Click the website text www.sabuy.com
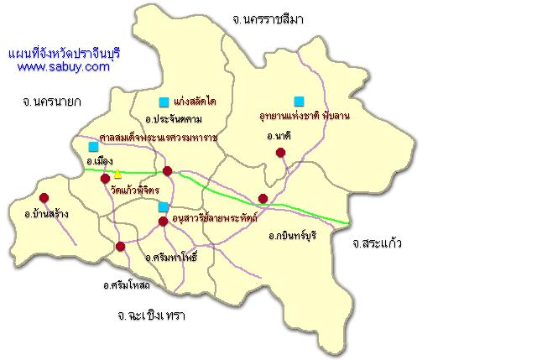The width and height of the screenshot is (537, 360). coord(63,67)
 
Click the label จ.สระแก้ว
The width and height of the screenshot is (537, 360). coord(378,243)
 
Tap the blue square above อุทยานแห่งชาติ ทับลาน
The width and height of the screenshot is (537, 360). coord(299,102)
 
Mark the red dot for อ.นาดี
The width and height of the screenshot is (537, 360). coord(280,152)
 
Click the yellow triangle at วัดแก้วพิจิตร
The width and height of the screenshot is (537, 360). coord(118,175)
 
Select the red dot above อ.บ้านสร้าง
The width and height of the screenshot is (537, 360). coord(44,198)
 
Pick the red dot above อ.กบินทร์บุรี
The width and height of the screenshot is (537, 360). coord(263,199)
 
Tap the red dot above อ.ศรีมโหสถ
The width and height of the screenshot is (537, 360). coord(121,246)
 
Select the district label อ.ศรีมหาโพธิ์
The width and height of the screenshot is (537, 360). coord(170,257)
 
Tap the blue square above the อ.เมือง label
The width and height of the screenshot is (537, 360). coord(93,146)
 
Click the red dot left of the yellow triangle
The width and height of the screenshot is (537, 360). coord(105,178)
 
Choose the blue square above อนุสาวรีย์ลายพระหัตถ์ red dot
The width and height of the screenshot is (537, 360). coord(163,206)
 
